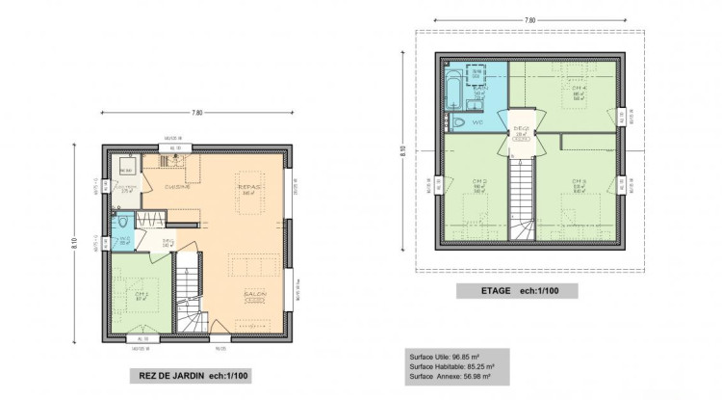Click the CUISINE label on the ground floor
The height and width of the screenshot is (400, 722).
point(177,186)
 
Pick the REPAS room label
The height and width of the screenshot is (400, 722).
point(250,186)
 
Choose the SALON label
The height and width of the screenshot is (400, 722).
point(255,293)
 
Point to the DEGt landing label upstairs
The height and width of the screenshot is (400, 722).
point(522,128)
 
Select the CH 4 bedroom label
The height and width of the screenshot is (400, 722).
point(579,88)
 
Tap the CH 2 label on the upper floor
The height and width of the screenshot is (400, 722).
point(477,182)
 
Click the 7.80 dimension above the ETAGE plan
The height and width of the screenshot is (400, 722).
point(529,19)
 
